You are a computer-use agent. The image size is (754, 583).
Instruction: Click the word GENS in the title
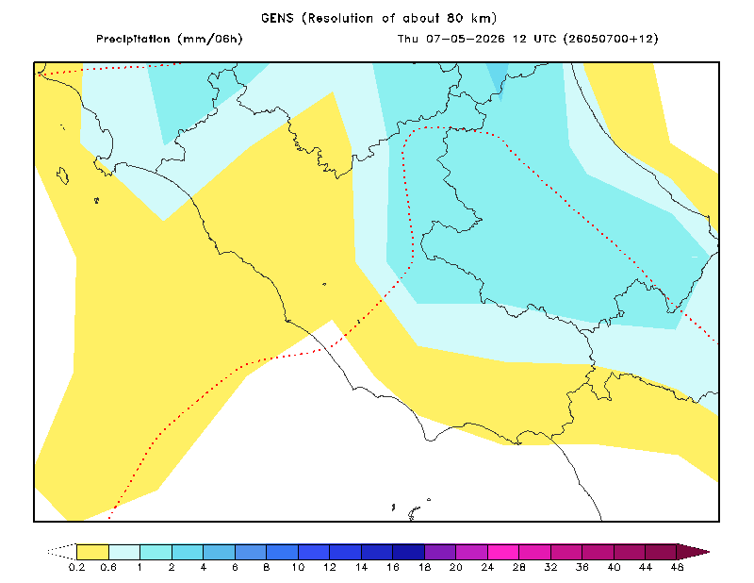tap(277, 18)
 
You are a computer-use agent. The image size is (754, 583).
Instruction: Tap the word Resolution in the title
tap(340, 18)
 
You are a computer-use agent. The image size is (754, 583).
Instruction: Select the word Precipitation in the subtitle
tap(133, 39)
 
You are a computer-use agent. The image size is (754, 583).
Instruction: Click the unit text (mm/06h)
tap(210, 39)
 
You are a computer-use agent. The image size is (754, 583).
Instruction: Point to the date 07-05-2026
tap(466, 39)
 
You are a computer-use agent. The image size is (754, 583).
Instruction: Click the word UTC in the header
tap(545, 39)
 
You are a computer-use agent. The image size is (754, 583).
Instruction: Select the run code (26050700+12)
tap(611, 39)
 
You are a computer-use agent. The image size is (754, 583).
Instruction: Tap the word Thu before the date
tap(408, 39)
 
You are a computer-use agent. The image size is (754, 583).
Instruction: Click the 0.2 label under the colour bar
tap(77, 567)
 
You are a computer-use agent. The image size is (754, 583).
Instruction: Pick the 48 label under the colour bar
tap(677, 567)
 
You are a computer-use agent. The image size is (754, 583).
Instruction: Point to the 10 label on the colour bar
tap(298, 567)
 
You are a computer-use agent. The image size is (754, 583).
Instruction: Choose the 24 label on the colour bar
tap(487, 567)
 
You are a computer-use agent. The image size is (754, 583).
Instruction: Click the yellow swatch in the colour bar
tap(92, 552)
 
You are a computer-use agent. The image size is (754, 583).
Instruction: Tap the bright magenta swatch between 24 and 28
tap(503, 552)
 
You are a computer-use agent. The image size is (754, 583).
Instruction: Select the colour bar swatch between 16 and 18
tap(409, 552)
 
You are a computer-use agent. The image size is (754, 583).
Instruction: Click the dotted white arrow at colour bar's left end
tap(62, 552)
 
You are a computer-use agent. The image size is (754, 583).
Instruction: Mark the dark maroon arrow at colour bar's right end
tap(693, 552)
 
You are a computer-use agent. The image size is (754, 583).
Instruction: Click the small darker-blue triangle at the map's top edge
tap(499, 79)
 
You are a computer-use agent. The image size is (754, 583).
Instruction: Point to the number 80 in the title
tap(454, 18)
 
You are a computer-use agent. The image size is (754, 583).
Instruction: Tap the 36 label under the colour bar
tap(582, 567)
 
